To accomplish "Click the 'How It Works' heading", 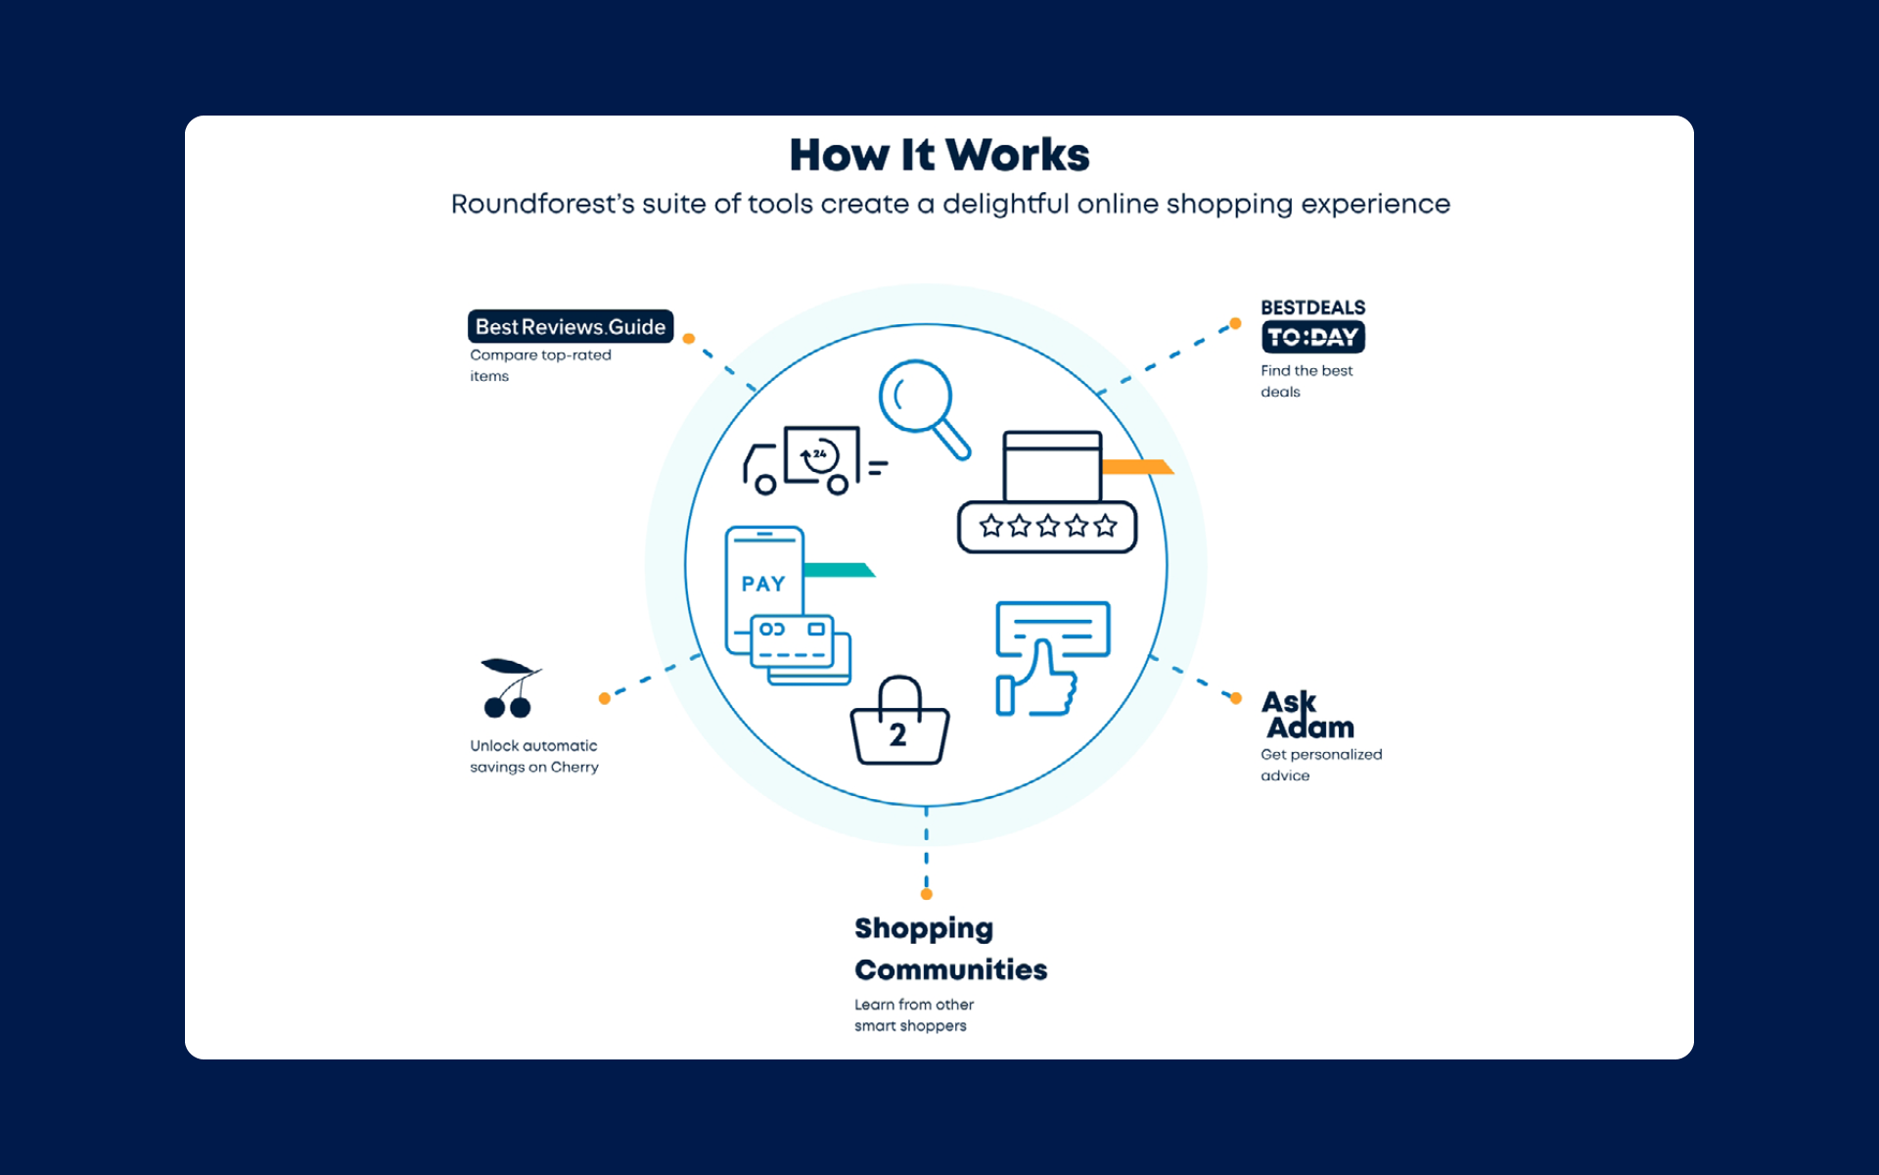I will point(939,155).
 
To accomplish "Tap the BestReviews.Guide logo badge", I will point(571,326).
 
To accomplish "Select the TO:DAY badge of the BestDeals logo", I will point(1312,337).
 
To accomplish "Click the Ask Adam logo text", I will point(1307,715).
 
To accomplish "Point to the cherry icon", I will point(509,687).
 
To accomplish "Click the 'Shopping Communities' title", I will point(949,948).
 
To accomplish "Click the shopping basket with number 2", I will point(899,725).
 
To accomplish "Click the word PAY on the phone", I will point(763,584).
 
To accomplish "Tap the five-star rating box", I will point(1047,527).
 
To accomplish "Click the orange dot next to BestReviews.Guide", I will point(689,339).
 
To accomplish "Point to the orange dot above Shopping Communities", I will point(927,894).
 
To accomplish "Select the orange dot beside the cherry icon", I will point(605,698).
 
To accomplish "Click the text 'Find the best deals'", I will point(1306,381).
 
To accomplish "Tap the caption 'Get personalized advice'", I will point(1320,765).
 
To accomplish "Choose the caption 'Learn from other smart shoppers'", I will point(913,1015).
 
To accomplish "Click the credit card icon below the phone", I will point(793,642).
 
